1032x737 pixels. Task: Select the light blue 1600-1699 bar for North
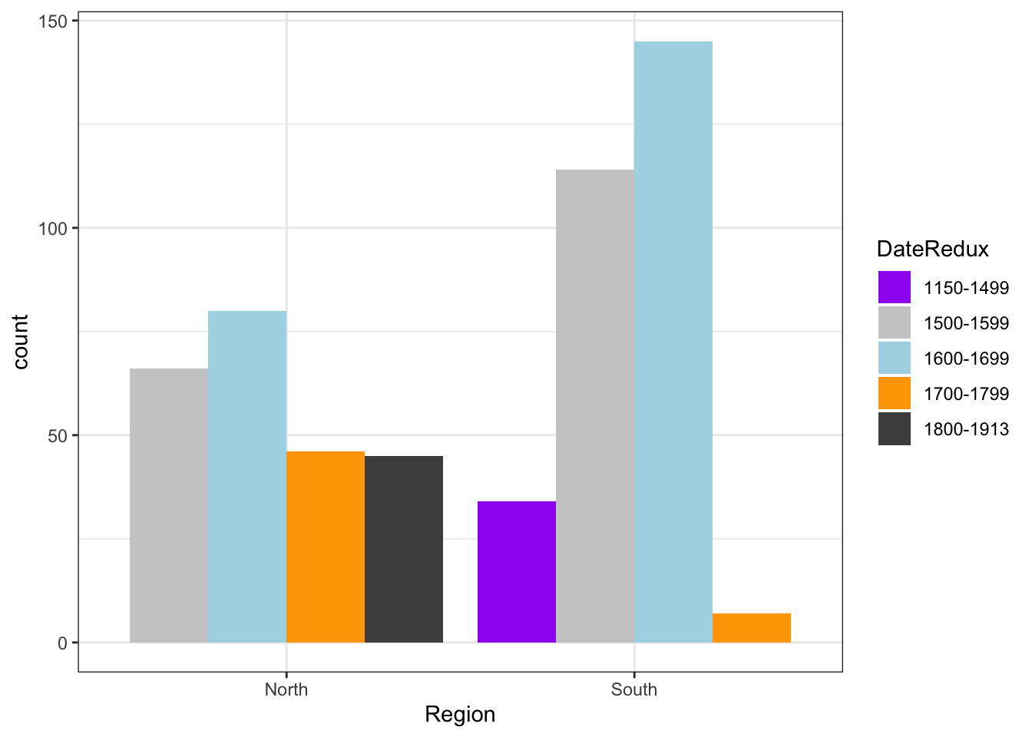pyautogui.click(x=247, y=476)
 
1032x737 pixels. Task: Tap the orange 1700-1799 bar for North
pyautogui.click(x=326, y=547)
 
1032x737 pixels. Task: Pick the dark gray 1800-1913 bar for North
pyautogui.click(x=404, y=549)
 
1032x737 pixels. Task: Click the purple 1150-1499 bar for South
pyautogui.click(x=517, y=572)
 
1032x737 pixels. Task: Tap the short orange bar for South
pyautogui.click(x=752, y=628)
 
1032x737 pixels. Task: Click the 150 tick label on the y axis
pyautogui.click(x=52, y=21)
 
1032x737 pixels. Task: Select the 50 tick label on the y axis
pyautogui.click(x=58, y=435)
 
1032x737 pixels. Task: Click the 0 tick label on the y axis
pyautogui.click(x=63, y=643)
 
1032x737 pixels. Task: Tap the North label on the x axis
pyautogui.click(x=286, y=689)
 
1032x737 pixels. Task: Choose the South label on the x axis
pyautogui.click(x=634, y=689)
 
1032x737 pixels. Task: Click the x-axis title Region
pyautogui.click(x=460, y=715)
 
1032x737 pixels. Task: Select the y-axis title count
pyautogui.click(x=20, y=342)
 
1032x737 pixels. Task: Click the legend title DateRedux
pyautogui.click(x=932, y=249)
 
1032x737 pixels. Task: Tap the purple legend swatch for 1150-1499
pyautogui.click(x=895, y=288)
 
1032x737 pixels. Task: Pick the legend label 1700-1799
pyautogui.click(x=966, y=394)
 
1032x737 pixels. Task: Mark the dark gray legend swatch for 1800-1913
pyautogui.click(x=895, y=429)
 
